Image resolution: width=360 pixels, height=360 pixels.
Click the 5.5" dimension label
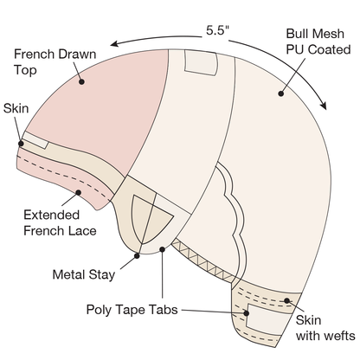217,30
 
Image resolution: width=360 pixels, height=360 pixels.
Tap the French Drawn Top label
55,62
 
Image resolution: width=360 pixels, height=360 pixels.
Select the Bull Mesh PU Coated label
318,42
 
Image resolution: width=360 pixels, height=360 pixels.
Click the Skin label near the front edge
16,109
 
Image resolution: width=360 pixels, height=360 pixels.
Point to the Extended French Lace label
60,223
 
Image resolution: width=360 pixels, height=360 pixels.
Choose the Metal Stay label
84,274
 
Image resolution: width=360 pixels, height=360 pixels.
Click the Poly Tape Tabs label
132,310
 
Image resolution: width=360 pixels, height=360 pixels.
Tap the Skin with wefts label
325,328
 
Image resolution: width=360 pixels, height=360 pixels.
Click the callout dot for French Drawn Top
81,82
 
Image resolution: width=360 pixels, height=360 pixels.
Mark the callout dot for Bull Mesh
281,93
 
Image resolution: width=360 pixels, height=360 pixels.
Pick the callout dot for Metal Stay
137,255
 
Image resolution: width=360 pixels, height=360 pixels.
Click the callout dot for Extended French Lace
78,192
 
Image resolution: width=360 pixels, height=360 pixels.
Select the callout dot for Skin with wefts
286,301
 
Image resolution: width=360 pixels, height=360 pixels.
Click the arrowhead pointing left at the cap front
114,44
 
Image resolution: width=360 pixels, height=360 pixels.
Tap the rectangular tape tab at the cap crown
201,63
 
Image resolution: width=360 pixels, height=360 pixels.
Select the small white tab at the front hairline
35,140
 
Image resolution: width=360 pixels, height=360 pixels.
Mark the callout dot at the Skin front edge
21,144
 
